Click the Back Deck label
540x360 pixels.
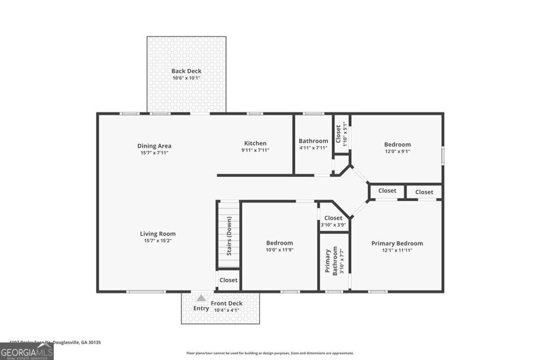(x=186, y=71)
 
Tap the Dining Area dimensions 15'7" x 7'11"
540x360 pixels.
(x=154, y=153)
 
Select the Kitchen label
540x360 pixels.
(x=255, y=143)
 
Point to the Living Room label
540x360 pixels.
(x=158, y=233)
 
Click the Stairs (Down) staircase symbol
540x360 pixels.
(x=229, y=236)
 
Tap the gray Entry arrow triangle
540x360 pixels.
(x=201, y=298)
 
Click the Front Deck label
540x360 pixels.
(x=227, y=303)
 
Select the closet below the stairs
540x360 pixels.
(x=228, y=280)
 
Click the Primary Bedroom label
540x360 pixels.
(x=397, y=244)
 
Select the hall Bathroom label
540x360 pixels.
(x=313, y=141)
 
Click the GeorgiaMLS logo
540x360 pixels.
(x=27, y=352)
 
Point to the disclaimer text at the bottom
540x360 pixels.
(x=270, y=353)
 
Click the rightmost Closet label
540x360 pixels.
(x=424, y=192)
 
